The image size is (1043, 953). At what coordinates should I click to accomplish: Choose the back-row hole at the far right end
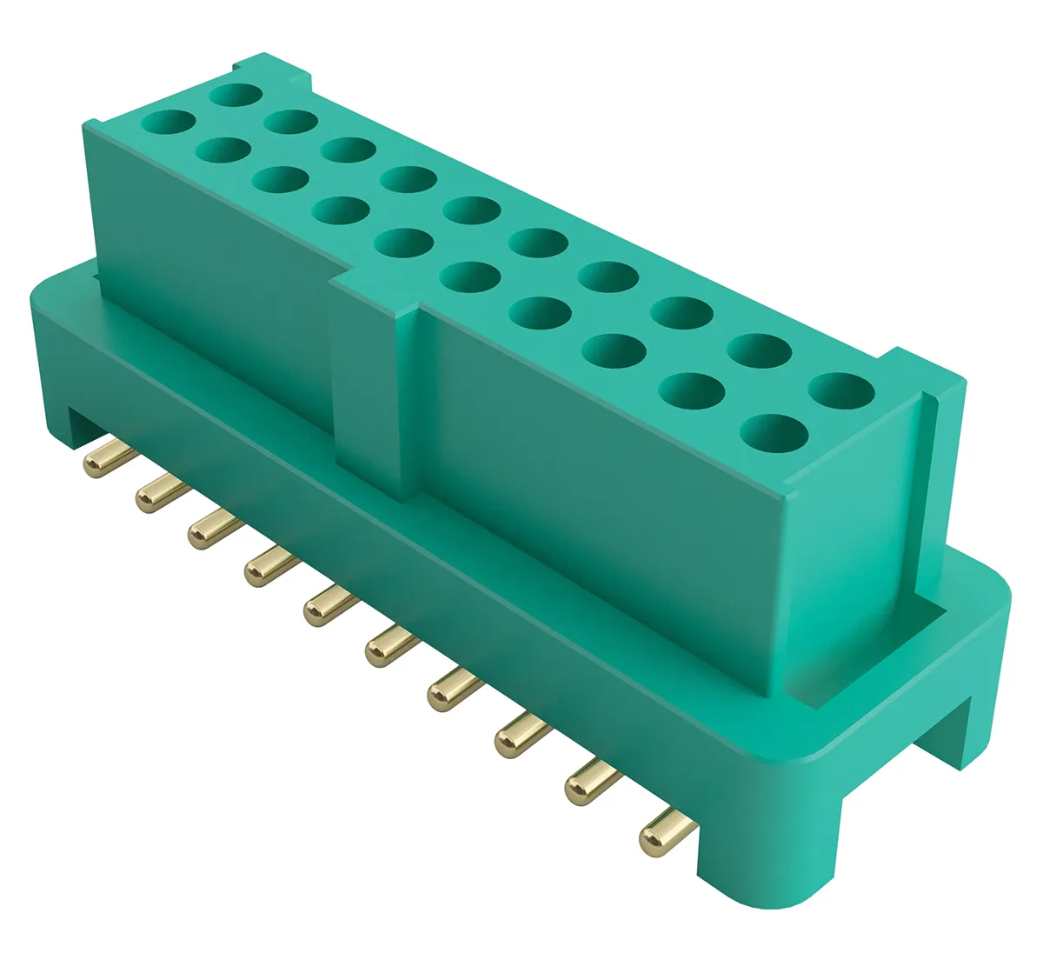(841, 390)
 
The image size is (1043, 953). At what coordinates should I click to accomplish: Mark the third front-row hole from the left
(281, 179)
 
